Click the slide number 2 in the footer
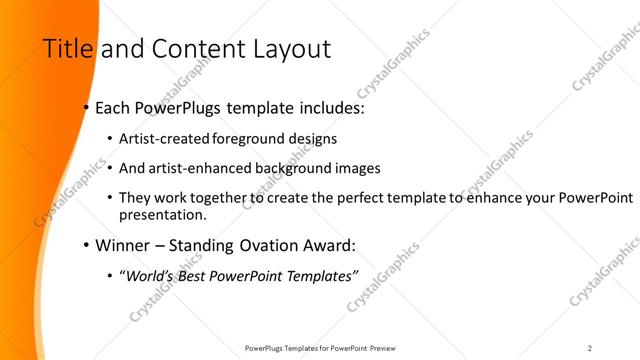point(590,347)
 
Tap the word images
point(352,168)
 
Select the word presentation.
point(162,214)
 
